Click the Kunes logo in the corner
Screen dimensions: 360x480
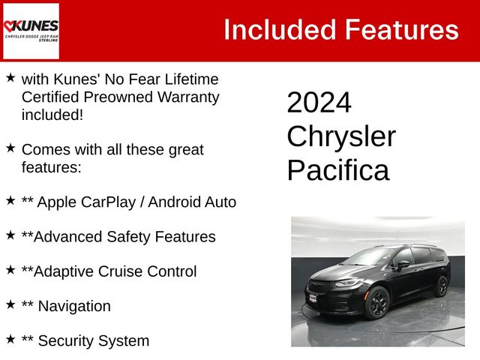(31, 31)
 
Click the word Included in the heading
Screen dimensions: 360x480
(278, 30)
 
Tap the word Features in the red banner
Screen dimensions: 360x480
(401, 30)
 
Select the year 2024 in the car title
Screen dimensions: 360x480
(319, 103)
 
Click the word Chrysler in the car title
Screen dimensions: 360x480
(341, 136)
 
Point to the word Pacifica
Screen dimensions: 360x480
(338, 170)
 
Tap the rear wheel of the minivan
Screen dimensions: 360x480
(442, 286)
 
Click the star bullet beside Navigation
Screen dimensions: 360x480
(10, 304)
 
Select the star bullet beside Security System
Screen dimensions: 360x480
(10, 339)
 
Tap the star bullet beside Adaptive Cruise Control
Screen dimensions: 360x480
(10, 270)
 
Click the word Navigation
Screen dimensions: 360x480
(73, 306)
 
